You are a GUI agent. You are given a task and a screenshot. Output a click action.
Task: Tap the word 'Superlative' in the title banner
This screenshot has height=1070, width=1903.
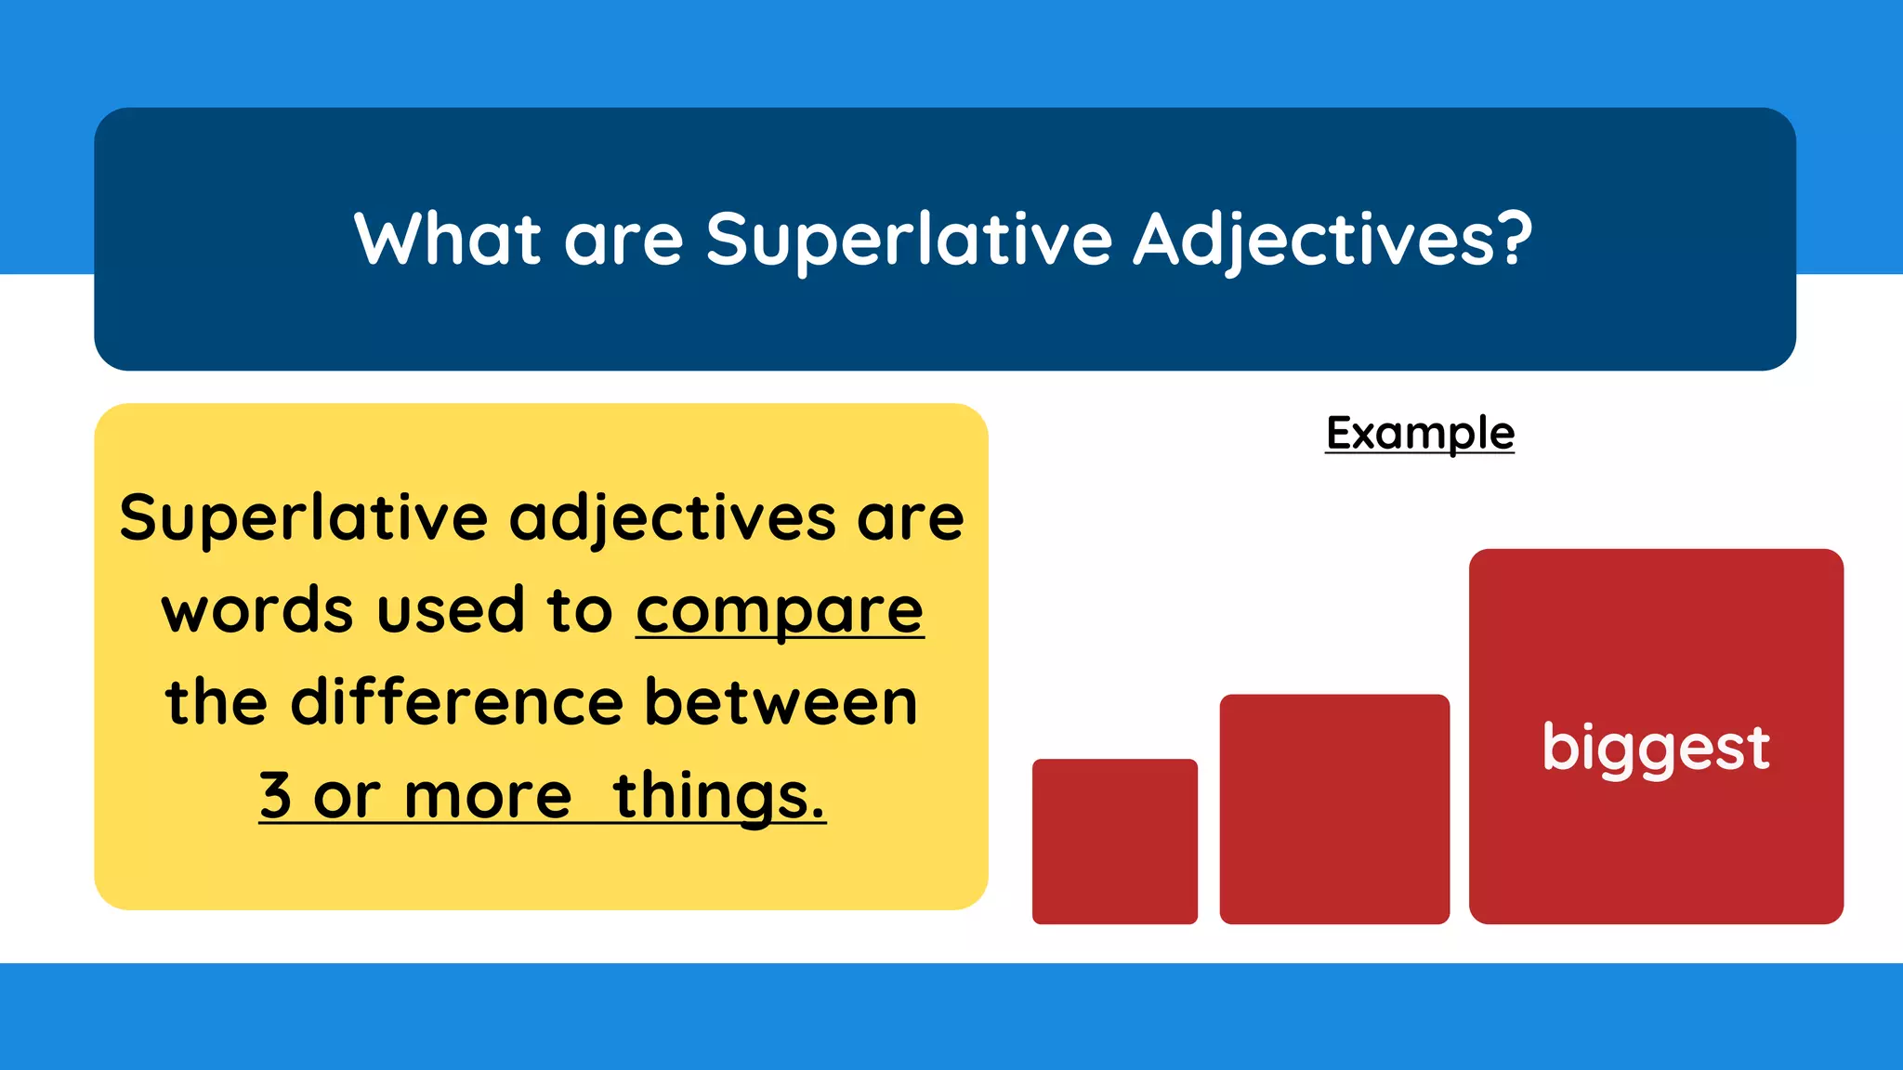[909, 240]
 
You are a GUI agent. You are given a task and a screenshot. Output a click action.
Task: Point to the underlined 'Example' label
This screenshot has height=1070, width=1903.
[1420, 433]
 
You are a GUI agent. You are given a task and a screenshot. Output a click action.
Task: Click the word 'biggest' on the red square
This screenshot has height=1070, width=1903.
[1656, 748]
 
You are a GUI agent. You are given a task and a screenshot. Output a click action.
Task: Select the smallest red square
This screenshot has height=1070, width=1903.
[1114, 842]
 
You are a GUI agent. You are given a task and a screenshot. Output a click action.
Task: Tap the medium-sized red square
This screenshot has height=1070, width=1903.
[1334, 808]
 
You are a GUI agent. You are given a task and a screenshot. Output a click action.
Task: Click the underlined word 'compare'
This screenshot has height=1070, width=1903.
[780, 611]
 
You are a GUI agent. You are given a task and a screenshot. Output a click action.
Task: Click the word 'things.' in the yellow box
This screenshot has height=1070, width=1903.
[719, 796]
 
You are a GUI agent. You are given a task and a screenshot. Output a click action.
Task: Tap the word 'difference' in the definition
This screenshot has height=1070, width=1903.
[456, 702]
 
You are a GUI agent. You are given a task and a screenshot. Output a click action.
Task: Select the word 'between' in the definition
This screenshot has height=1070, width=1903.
[781, 702]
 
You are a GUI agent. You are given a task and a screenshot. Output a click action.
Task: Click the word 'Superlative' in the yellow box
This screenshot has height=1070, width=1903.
[303, 517]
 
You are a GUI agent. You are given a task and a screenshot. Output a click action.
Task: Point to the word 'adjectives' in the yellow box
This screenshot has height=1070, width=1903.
[673, 517]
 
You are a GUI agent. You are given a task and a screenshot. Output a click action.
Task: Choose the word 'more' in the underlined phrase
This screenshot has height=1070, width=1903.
[488, 796]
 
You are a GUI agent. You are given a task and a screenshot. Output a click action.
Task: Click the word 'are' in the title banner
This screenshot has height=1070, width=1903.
[623, 241]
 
